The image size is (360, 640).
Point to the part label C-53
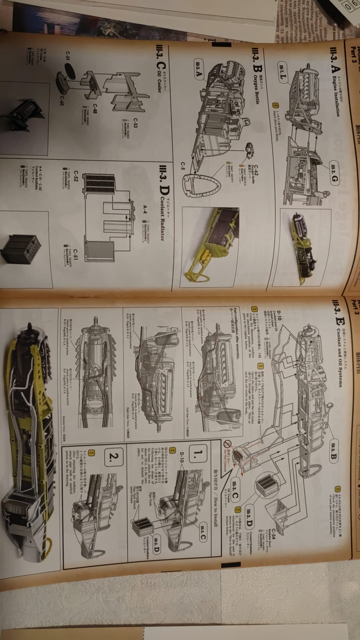(135, 124)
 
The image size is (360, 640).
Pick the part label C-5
(183, 166)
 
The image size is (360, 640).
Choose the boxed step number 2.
(114, 456)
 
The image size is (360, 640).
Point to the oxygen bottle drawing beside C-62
(250, 147)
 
